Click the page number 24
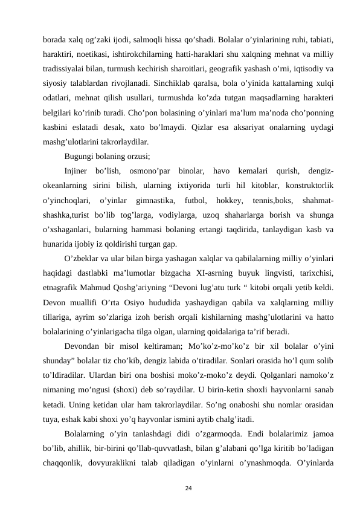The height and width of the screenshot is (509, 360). (181, 485)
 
